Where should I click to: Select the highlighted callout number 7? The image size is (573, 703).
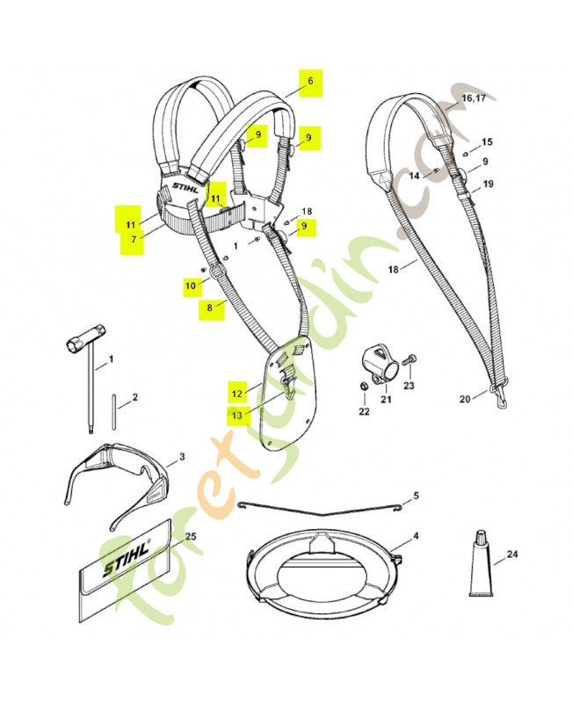(131, 238)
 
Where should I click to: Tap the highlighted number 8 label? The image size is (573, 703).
(209, 308)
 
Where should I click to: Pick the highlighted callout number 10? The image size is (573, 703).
(192, 285)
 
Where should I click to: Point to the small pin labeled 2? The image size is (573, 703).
(115, 410)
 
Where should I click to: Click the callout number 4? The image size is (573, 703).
(416, 535)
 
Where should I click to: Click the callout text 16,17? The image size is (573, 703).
(473, 98)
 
